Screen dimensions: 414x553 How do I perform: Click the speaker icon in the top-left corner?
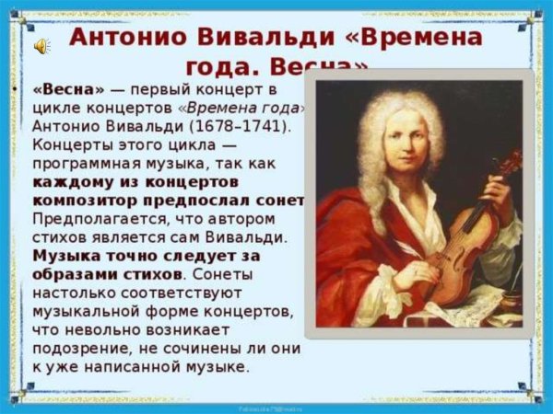point(42,45)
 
